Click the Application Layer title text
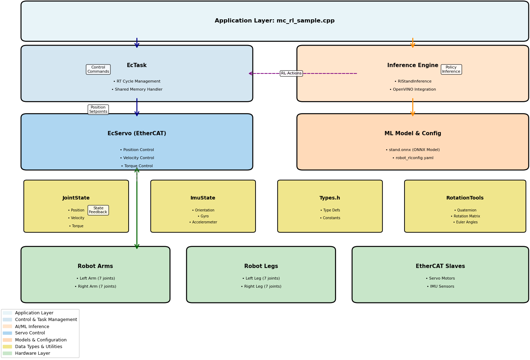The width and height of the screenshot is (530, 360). pos(274,21)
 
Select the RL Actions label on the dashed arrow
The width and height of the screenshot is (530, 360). pos(291,73)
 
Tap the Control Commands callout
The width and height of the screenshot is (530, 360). pos(98,70)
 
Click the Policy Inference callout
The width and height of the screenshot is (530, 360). pos(451,70)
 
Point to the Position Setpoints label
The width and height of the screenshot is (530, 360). pos(98,110)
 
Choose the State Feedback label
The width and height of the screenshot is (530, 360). pos(98,210)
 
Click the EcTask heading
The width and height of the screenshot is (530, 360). pos(137,65)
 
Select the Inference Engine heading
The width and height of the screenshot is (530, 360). pos(413,65)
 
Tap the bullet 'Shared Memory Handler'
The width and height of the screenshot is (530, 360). pos(137,90)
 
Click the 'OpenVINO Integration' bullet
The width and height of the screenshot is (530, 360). pos(413,90)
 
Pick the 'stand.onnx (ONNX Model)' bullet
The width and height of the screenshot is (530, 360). pos(413,150)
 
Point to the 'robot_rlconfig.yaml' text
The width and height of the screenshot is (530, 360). pos(413,158)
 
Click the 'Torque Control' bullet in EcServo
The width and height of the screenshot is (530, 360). pos(137,166)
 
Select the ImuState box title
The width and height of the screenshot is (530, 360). pos(203,198)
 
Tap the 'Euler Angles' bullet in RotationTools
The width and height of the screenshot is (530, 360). pos(465,222)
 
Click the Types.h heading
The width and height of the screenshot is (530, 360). pos(330,198)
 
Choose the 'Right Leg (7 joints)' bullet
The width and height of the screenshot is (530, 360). pos(261,287)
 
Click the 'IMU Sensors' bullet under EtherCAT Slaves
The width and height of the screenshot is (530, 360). pos(440,287)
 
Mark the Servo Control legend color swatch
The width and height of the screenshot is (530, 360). pos(7,333)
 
